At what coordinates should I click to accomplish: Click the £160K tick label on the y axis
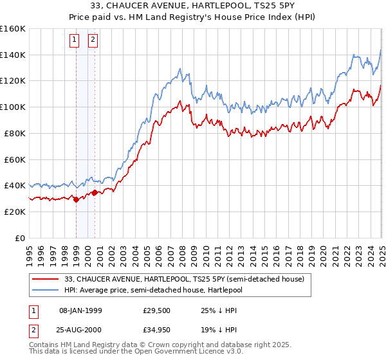point(13,29)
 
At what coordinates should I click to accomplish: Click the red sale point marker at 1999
point(76,199)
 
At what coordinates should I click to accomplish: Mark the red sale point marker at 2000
point(95,192)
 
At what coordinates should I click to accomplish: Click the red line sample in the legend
point(45,278)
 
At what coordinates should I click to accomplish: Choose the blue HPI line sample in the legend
point(45,291)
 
